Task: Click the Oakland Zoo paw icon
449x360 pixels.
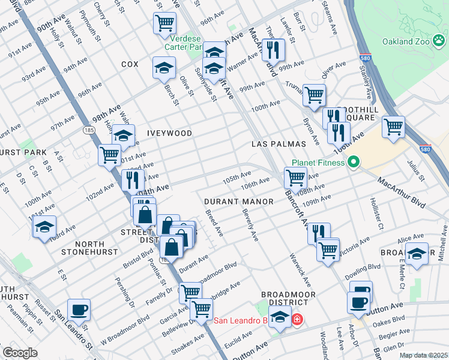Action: click(441, 41)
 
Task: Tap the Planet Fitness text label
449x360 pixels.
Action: click(318, 163)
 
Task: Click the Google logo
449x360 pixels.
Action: click(20, 353)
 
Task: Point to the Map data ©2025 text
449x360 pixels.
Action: click(423, 355)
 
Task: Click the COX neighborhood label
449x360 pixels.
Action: click(130, 64)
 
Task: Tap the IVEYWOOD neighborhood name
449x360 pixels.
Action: click(169, 133)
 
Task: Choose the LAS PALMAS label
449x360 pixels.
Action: click(279, 145)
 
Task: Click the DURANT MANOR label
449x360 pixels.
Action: click(238, 202)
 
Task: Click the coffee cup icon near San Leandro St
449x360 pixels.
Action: click(79, 310)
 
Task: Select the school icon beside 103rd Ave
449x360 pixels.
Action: click(44, 227)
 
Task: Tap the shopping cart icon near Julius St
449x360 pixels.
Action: click(393, 127)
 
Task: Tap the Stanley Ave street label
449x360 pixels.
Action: click(366, 73)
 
